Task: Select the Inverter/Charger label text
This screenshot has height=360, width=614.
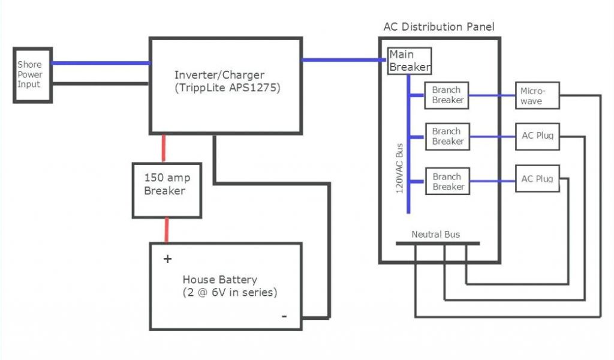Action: point(219,75)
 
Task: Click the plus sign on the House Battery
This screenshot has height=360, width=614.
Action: point(168,259)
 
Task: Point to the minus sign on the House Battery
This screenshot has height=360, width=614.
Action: point(284,316)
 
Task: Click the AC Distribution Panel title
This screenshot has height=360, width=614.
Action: point(439,26)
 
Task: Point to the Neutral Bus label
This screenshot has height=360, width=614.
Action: point(435,234)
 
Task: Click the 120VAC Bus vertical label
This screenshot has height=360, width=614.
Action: point(399,168)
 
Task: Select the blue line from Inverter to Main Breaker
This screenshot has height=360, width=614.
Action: point(344,60)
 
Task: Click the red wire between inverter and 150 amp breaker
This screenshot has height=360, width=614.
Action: point(164,148)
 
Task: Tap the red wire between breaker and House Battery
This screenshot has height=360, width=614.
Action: point(167,230)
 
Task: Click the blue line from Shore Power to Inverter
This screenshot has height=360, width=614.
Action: point(101,63)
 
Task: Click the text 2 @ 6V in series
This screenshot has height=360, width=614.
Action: point(230,292)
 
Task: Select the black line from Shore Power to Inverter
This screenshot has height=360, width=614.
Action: point(101,83)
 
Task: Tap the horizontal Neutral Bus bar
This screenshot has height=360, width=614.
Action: point(438,243)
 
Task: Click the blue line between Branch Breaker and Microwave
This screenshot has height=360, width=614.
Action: point(492,95)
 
